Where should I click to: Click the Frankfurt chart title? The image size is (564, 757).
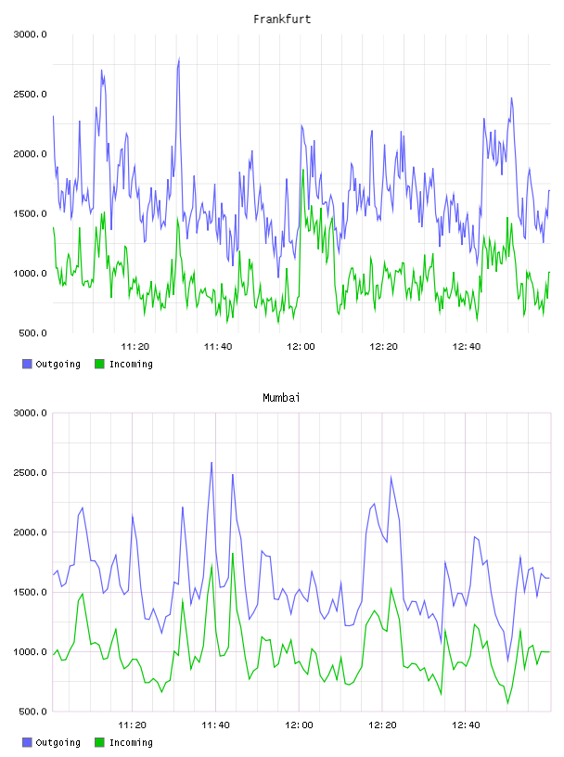pos(282,19)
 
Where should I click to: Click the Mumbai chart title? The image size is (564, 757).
pos(281,397)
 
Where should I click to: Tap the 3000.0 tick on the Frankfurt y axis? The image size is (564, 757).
pos(30,34)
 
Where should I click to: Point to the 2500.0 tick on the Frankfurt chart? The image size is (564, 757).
pos(30,94)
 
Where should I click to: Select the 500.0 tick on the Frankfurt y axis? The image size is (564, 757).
pos(32,333)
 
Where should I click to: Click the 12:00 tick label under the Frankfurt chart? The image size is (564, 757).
pos(301,346)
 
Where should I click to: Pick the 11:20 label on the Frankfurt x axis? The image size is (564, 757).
pos(135,346)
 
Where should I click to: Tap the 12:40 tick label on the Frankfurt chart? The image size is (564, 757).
pos(466,346)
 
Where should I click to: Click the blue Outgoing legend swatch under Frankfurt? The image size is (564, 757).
pos(27,364)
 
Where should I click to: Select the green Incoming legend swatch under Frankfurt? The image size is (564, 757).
pos(99,364)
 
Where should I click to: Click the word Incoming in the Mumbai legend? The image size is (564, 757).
pos(131,742)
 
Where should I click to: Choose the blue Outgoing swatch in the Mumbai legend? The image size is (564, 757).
pos(27,742)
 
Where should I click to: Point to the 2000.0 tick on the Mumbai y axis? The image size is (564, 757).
pos(30,532)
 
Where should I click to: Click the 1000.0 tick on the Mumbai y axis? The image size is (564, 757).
pos(30,652)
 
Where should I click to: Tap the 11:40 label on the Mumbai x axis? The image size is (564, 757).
pos(215,725)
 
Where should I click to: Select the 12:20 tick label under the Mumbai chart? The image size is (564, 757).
pos(382,725)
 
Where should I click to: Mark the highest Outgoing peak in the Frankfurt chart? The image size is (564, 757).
pos(179,58)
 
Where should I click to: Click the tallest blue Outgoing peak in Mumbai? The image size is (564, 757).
pos(211,463)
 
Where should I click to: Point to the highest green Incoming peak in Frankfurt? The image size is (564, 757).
pos(303,170)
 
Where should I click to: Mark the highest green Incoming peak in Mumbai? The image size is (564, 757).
pos(233,553)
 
